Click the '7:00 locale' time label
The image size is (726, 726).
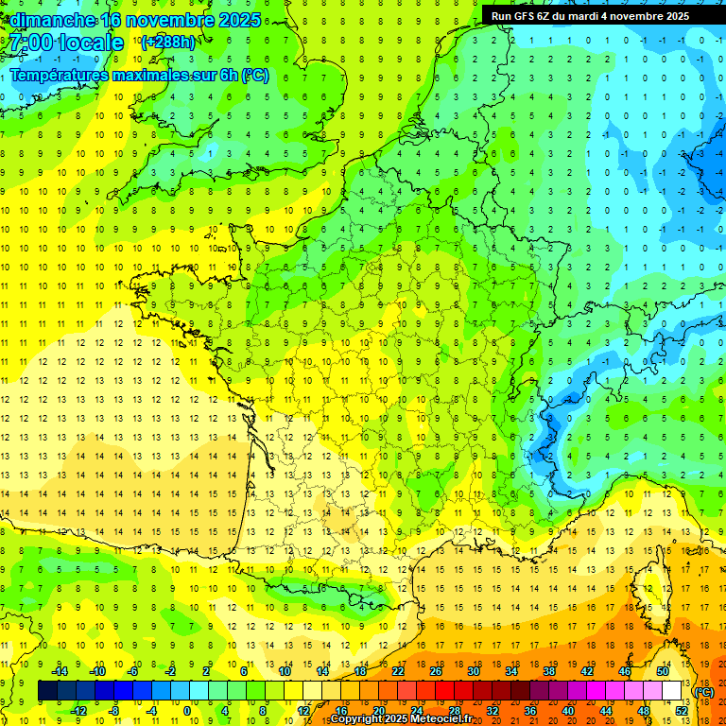click(67, 43)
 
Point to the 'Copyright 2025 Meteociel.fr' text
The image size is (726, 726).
click(401, 718)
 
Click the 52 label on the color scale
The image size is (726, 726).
click(681, 711)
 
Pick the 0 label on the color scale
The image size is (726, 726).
click(187, 711)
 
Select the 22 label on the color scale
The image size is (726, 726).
click(399, 670)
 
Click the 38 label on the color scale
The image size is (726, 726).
click(548, 670)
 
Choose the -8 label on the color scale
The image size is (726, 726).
click(113, 711)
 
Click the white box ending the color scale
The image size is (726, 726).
click(672, 691)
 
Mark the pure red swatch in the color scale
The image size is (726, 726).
click(445, 691)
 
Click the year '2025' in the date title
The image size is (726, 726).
click(241, 20)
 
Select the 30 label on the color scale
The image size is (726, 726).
click(474, 670)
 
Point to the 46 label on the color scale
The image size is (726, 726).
click(624, 670)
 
